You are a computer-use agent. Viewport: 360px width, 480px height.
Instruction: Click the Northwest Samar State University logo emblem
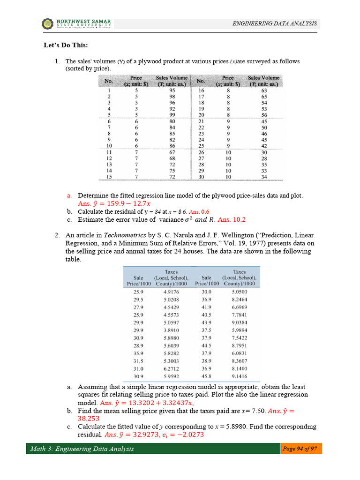click(48, 23)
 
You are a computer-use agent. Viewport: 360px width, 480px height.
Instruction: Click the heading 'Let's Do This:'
click(63, 45)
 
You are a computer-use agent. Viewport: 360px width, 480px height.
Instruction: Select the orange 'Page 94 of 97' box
click(301, 449)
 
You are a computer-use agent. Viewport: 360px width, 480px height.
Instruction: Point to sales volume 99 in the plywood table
click(172, 114)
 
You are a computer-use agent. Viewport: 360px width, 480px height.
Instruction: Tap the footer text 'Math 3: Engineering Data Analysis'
click(82, 449)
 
